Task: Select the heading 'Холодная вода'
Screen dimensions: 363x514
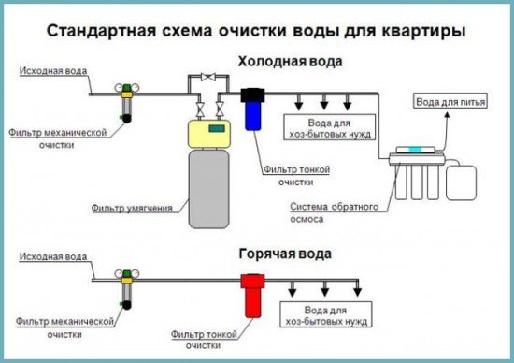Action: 290,63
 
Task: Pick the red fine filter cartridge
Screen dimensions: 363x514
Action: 250,296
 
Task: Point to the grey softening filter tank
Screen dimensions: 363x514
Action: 208,187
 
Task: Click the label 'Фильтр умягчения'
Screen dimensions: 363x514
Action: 131,207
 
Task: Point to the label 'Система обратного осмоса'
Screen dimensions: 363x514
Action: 320,211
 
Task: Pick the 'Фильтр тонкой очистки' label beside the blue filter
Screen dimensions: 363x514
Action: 287,174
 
